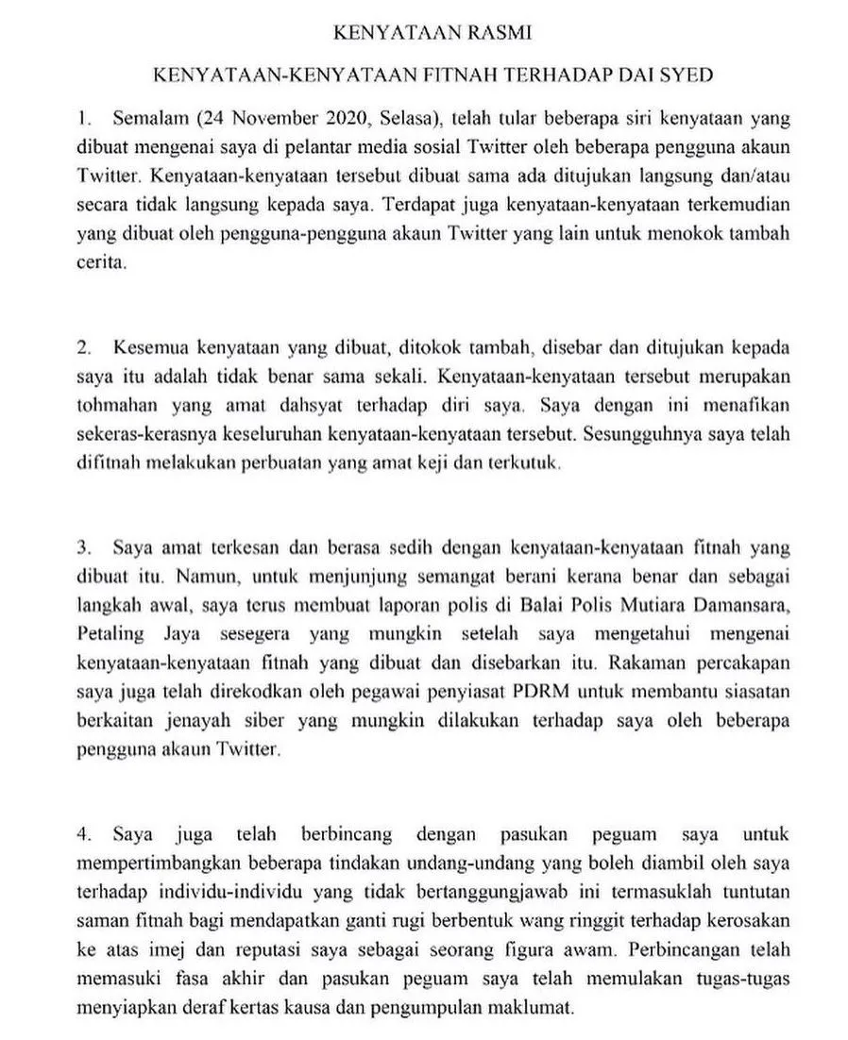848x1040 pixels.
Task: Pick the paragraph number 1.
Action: coord(84,121)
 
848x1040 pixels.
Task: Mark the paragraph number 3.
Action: coord(84,546)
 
